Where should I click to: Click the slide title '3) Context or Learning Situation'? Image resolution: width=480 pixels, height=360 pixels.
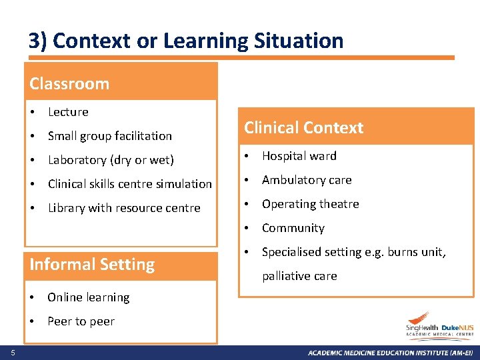[186, 41]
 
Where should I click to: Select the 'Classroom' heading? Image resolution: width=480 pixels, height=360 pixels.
[69, 84]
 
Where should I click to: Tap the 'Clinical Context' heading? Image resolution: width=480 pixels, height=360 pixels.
[303, 128]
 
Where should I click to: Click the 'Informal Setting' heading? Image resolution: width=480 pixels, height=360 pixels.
[92, 265]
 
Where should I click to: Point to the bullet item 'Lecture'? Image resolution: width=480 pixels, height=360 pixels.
[68, 112]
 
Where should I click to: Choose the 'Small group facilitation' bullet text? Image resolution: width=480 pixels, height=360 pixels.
[110, 136]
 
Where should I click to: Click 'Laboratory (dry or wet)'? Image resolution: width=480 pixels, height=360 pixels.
[111, 160]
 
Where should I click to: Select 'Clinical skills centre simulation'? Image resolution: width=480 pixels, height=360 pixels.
[130, 184]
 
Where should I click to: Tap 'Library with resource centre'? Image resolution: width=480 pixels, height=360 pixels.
[124, 208]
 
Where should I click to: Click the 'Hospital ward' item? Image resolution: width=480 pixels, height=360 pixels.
[299, 156]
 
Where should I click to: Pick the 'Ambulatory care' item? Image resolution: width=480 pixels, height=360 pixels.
[307, 180]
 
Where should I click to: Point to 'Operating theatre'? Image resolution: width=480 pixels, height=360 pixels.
[310, 204]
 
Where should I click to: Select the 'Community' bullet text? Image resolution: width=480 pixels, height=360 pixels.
[293, 228]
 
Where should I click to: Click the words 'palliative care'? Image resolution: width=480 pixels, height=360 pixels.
[299, 276]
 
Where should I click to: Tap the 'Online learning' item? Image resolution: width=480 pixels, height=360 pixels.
[89, 297]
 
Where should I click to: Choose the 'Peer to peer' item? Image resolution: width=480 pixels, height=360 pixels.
[81, 321]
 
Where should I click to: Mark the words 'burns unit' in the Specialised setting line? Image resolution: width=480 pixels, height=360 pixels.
[417, 252]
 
